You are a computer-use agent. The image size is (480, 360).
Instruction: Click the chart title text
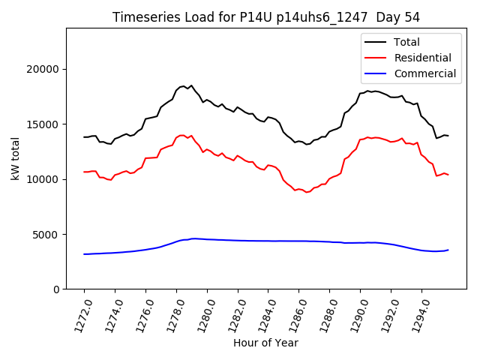(x=266, y=17)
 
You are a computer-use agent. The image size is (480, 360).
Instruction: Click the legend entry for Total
(x=406, y=42)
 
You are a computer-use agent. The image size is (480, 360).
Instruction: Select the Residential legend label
(x=422, y=58)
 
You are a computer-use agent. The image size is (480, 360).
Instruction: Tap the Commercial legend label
(x=424, y=73)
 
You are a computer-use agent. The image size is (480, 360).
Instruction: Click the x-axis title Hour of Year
(x=265, y=343)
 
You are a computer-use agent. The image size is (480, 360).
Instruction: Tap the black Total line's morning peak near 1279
(x=191, y=85)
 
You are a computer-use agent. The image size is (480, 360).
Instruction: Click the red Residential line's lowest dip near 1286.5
(x=307, y=192)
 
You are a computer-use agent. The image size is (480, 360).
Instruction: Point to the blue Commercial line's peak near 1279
(x=193, y=238)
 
